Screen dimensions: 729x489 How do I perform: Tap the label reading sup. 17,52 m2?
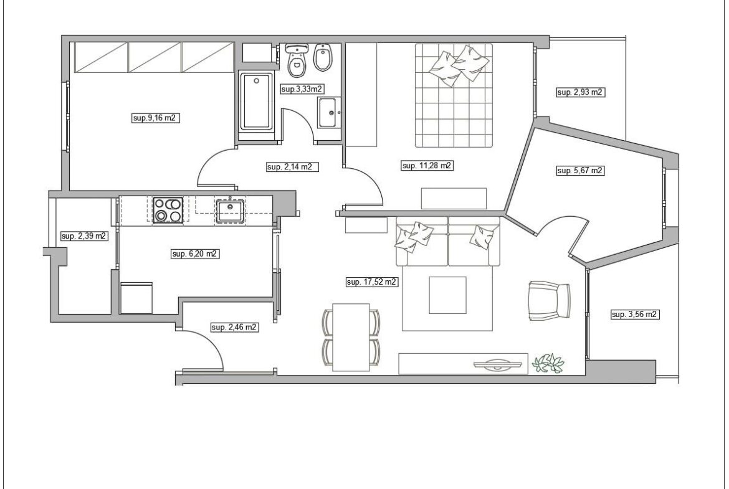pos(372,282)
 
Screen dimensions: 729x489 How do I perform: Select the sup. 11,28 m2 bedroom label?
pos(427,166)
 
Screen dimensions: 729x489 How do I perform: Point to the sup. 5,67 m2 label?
pos(580,171)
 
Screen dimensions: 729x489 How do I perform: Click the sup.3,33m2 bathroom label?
pos(302,89)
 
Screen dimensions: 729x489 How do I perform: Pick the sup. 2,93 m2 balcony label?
pos(580,92)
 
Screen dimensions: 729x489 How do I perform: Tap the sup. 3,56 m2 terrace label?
pos(635,315)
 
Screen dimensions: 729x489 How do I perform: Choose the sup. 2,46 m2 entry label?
pos(234,327)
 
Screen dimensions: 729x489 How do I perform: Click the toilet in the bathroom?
pos(297,60)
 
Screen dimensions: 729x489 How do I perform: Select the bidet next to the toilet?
pos(322,58)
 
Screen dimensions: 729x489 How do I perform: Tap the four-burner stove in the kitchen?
pos(168,210)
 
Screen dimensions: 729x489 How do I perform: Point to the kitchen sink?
pos(230,210)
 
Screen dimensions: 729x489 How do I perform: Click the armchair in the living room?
pos(550,301)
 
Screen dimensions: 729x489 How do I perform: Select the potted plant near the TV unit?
pos(548,363)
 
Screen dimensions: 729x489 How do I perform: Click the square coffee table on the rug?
pos(447,295)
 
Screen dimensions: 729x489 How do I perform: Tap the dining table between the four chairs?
pos(351,337)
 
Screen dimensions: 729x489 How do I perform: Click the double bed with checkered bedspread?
pos(454,95)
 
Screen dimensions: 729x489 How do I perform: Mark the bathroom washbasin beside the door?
pos(329,113)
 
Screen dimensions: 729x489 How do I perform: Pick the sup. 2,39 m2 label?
pos(84,236)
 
